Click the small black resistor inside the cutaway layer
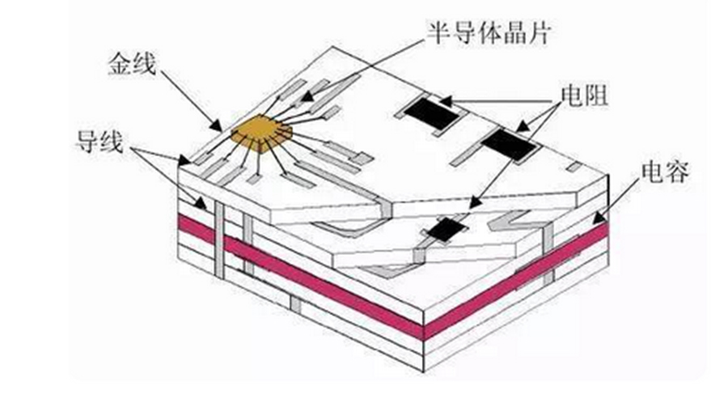442,231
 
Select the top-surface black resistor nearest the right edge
507,146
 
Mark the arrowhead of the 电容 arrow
599,217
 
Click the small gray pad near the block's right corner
572,168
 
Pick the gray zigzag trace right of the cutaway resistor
514,222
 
